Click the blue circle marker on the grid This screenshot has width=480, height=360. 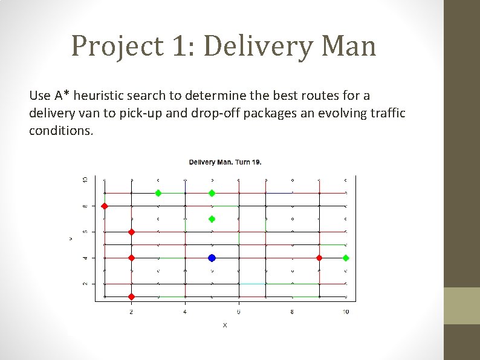(212, 258)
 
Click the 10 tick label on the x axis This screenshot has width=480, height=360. (345, 312)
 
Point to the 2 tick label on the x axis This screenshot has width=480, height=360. (131, 312)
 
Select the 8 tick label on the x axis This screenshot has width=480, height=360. (292, 312)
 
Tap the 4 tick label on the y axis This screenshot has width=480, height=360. (85, 258)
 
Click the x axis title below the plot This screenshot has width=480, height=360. (225, 326)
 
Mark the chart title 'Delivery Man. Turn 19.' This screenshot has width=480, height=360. (225, 162)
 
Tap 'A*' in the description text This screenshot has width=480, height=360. (62, 96)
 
